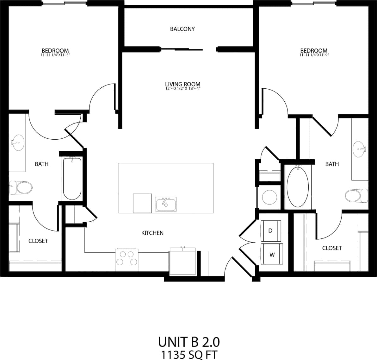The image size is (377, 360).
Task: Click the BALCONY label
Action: [182, 29]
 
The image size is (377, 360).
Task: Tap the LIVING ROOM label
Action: [182, 84]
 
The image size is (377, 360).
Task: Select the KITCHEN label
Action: [152, 233]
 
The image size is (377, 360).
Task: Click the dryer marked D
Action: [270, 231]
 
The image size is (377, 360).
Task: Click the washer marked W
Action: [272, 254]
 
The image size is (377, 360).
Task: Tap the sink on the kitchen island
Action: [166, 204]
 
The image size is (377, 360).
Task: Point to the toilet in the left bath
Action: [22, 187]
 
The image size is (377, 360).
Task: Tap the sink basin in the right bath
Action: [360, 148]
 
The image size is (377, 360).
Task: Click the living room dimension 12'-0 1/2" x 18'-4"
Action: [182, 88]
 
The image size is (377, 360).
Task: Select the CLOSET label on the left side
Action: [38, 241]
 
